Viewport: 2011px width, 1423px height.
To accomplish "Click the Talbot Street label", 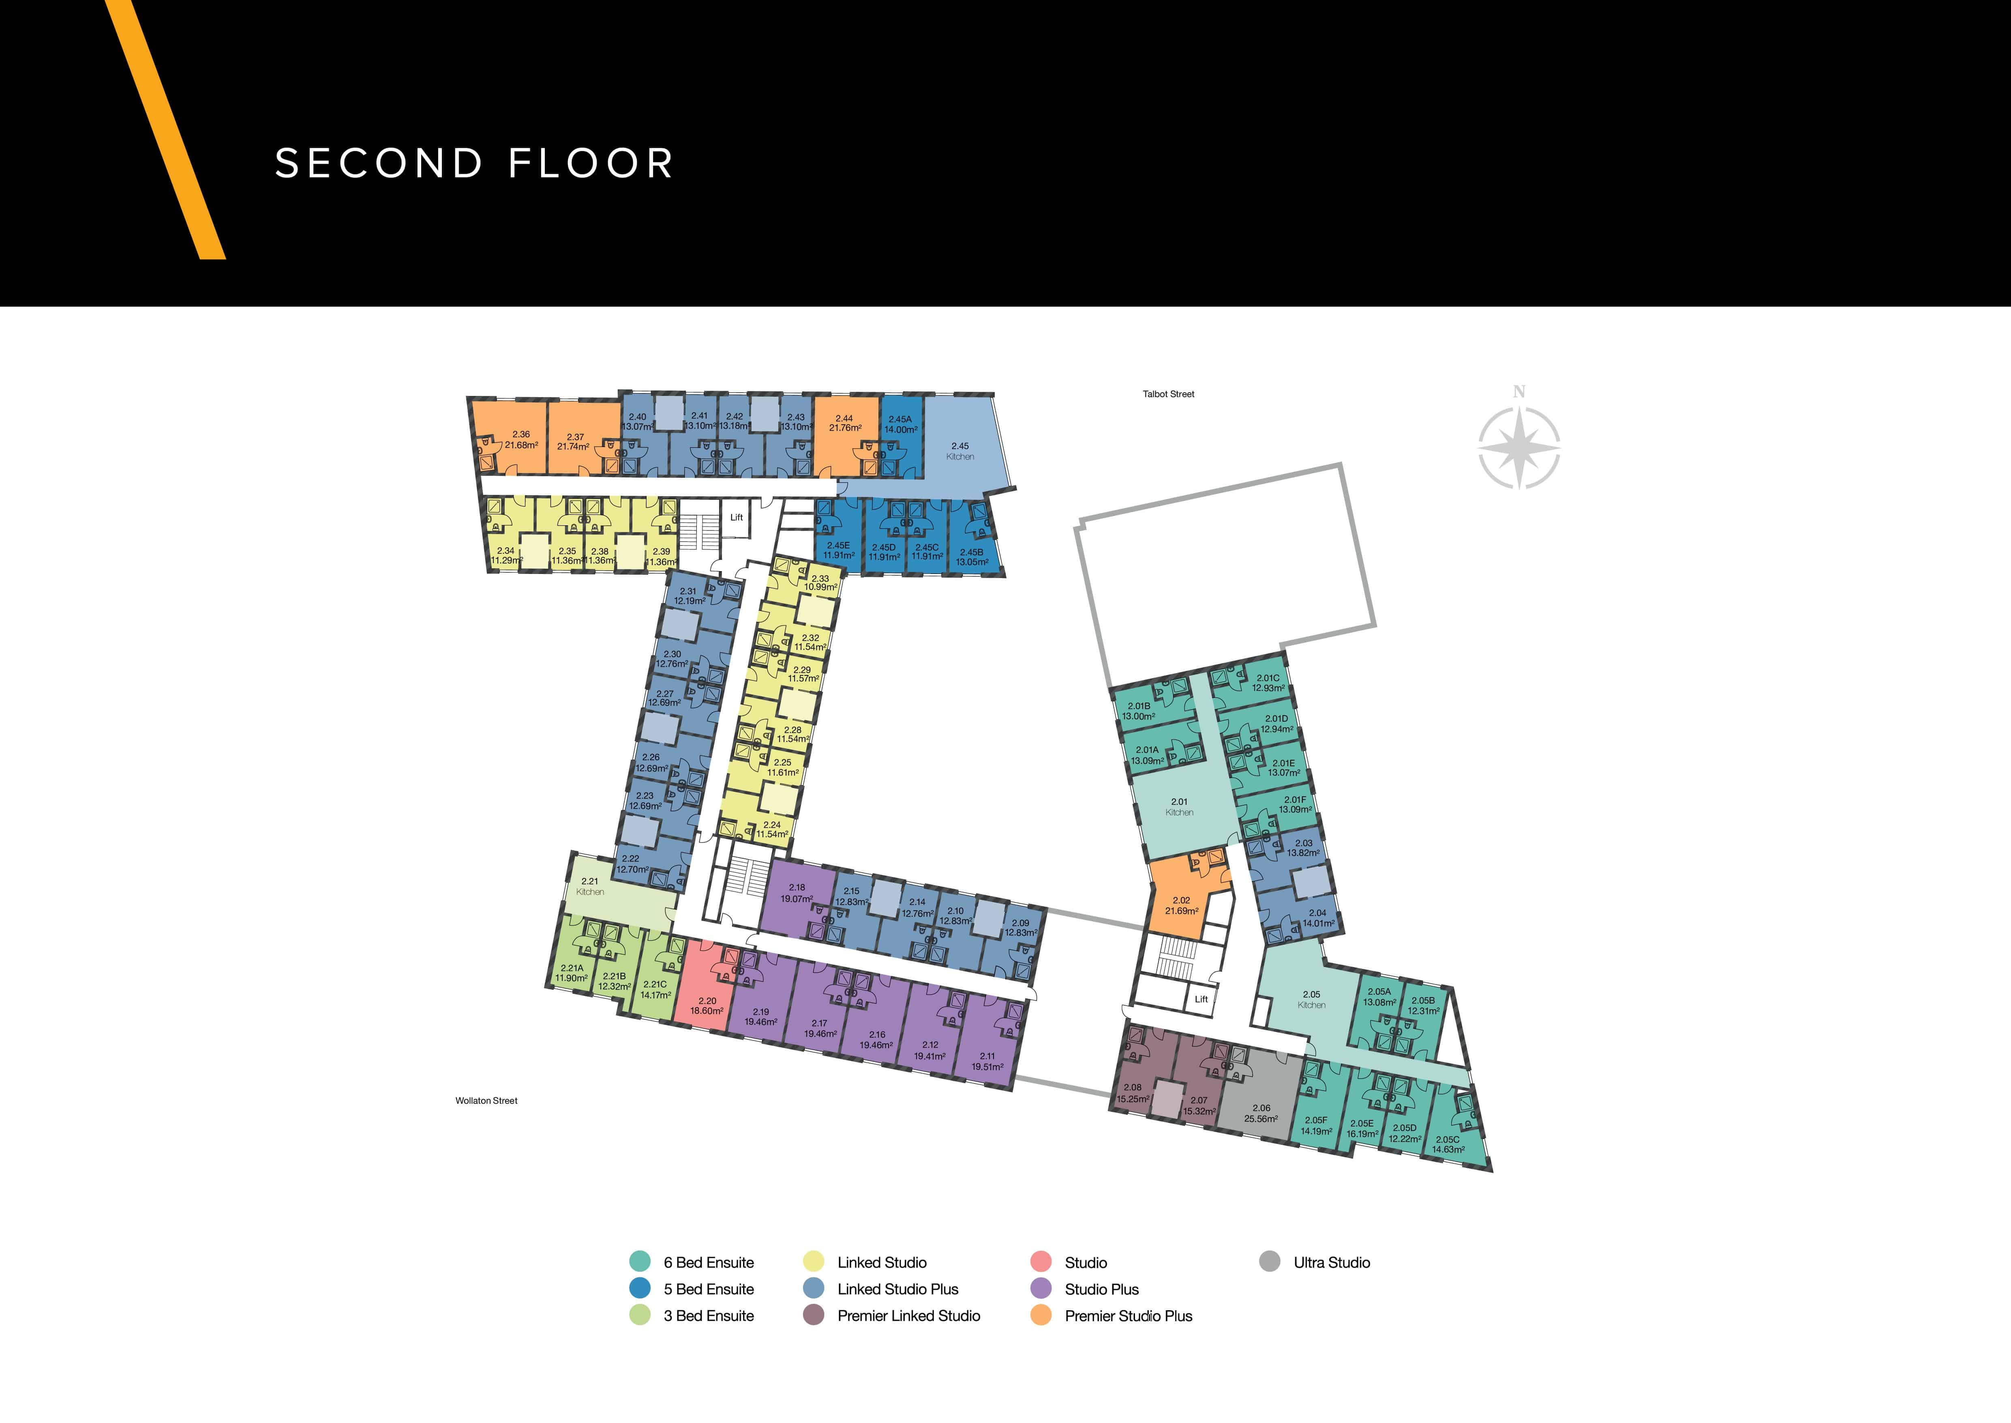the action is pyautogui.click(x=1168, y=394).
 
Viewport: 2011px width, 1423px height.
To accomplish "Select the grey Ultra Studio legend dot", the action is pyautogui.click(x=1269, y=1262).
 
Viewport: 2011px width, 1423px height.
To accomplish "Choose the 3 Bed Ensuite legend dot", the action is pyautogui.click(x=640, y=1315).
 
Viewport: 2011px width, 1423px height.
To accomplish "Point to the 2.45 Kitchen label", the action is pyautogui.click(x=960, y=451).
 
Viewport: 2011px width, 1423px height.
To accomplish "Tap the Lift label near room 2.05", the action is pyautogui.click(x=1201, y=999).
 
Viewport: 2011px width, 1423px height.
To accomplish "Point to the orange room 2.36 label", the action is pyautogui.click(x=521, y=439).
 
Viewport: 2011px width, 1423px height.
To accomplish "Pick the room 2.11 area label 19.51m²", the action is pyautogui.click(x=987, y=1067).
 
